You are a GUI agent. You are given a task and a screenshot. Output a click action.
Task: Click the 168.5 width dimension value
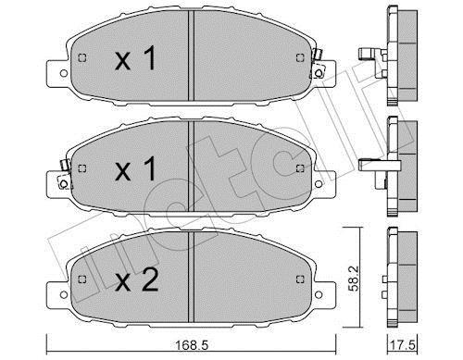click(x=192, y=345)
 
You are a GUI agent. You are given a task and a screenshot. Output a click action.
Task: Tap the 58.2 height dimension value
click(x=355, y=279)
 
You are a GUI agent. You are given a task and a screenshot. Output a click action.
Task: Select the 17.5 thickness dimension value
click(x=403, y=345)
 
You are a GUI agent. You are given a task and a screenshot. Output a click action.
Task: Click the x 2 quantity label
click(x=137, y=280)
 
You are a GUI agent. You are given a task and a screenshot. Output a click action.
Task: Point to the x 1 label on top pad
click(x=135, y=58)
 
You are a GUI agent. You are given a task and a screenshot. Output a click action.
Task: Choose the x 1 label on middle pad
click(x=135, y=168)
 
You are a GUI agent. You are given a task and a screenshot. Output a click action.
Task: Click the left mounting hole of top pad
click(x=64, y=73)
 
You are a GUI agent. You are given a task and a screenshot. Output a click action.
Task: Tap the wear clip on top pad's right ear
click(x=317, y=65)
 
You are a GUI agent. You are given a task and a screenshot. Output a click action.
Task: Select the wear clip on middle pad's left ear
click(x=65, y=175)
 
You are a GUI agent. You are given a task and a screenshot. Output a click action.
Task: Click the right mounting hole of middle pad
click(x=319, y=184)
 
